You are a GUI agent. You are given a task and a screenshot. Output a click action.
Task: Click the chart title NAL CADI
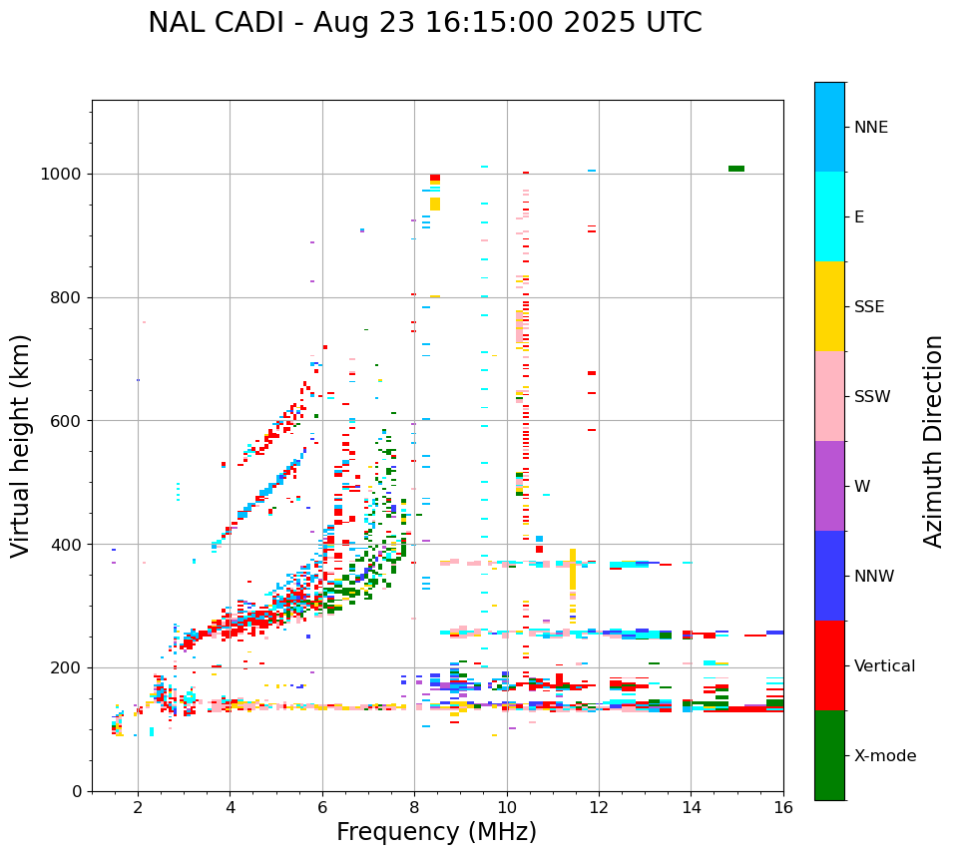[424, 23]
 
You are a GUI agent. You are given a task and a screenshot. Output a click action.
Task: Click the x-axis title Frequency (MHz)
[436, 832]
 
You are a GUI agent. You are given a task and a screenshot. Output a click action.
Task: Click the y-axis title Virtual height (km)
[21, 446]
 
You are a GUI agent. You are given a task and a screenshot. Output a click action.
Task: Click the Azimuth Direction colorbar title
[933, 441]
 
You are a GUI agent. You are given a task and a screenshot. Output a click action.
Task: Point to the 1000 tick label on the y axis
[60, 174]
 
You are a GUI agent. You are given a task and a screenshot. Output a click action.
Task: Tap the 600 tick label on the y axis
[66, 421]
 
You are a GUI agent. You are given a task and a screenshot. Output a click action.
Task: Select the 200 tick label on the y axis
[66, 667]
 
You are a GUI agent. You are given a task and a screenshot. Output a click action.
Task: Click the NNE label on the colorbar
[870, 128]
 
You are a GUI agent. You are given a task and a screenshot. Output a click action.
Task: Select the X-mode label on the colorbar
[884, 756]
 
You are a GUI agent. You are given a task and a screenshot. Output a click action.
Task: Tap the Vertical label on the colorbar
[884, 666]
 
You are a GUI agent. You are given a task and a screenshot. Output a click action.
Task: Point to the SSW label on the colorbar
[871, 397]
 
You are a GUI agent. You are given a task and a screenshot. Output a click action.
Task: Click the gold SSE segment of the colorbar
[829, 306]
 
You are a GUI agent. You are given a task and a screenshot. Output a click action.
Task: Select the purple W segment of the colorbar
[829, 486]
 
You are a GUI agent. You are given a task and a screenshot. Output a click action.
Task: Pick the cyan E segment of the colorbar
[829, 216]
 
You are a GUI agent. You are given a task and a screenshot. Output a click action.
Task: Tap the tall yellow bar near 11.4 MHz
[573, 569]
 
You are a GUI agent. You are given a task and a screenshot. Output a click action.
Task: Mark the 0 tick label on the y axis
[76, 791]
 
